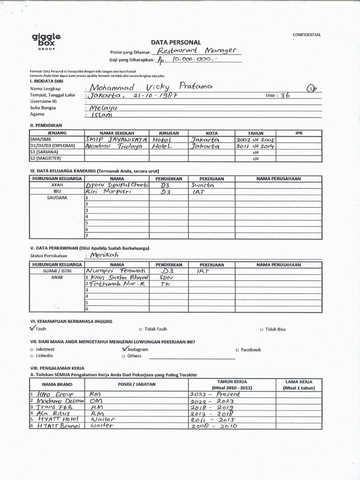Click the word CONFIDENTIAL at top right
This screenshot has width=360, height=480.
[307, 35]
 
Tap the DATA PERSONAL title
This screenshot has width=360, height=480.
[175, 42]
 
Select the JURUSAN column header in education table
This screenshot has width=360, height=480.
[169, 133]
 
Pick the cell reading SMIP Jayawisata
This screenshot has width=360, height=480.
[116, 140]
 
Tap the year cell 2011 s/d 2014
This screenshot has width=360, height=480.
[255, 146]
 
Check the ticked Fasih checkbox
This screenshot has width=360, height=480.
[32, 329]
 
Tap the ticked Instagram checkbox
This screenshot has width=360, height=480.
[124, 349]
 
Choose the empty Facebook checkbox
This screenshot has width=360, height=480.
[238, 350]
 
